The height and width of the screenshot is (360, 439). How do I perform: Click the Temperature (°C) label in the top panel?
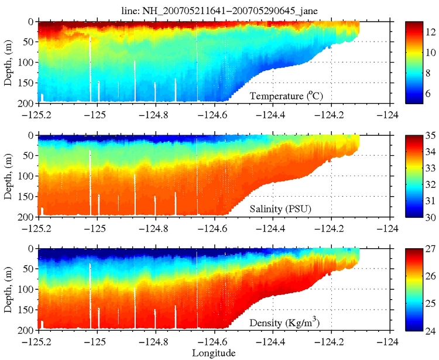(x=286, y=96)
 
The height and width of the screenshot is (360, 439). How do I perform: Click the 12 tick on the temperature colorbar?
(x=430, y=32)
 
